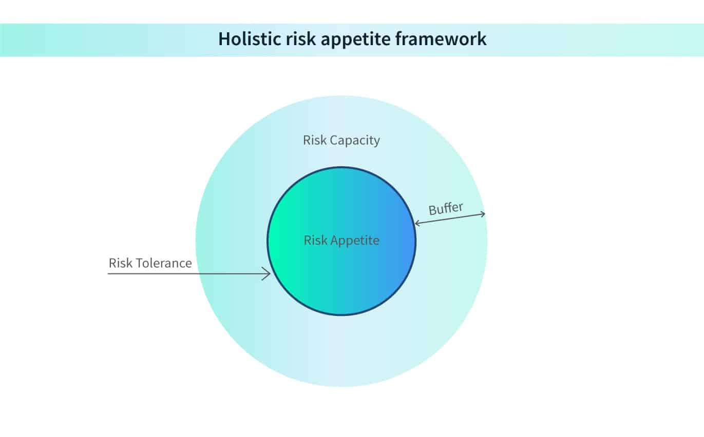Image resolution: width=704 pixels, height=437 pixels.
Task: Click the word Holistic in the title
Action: (250, 38)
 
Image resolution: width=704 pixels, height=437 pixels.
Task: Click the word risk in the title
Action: (301, 38)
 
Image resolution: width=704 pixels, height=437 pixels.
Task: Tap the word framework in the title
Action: (441, 38)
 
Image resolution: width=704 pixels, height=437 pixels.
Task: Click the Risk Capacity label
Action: (341, 141)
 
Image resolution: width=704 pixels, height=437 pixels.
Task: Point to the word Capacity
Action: (355, 141)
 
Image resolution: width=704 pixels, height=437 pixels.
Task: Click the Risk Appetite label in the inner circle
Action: (341, 241)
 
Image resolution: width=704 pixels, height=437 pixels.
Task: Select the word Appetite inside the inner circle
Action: (355, 241)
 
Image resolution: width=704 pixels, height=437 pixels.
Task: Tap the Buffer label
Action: (446, 208)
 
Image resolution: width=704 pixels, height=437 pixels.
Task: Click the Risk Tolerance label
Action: (150, 263)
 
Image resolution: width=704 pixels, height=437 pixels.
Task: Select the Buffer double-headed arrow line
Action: (450, 219)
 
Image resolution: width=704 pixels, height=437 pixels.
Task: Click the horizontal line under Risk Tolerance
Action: (188, 274)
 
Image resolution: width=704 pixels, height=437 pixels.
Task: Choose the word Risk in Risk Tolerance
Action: (120, 263)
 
